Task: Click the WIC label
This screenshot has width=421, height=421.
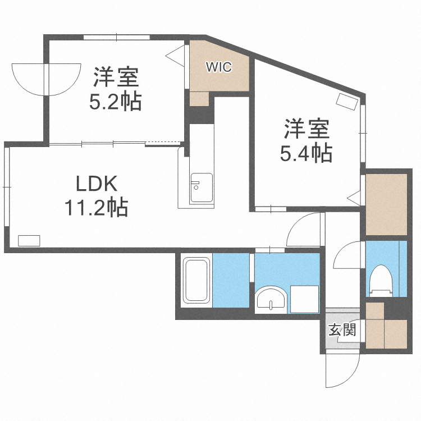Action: pyautogui.click(x=219, y=67)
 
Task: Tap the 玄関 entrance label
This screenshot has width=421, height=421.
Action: pyautogui.click(x=342, y=330)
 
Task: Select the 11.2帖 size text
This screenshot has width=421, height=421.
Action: pyautogui.click(x=95, y=208)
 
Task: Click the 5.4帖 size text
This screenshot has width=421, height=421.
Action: pyautogui.click(x=306, y=153)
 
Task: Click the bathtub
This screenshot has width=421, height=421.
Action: pyautogui.click(x=196, y=281)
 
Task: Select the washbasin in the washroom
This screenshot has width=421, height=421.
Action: pyautogui.click(x=271, y=299)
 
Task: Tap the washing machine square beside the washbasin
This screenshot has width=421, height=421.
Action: pyautogui.click(x=304, y=299)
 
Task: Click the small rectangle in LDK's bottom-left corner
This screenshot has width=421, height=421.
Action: pyautogui.click(x=29, y=240)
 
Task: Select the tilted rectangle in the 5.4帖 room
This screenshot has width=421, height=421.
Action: pyautogui.click(x=348, y=102)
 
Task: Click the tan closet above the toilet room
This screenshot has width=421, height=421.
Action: pyautogui.click(x=386, y=204)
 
